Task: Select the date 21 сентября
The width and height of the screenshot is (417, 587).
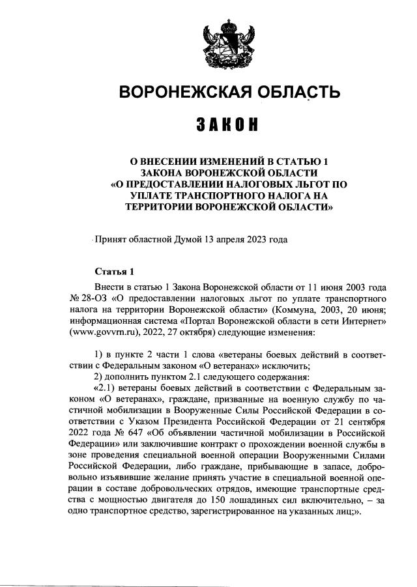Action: coord(364,412)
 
